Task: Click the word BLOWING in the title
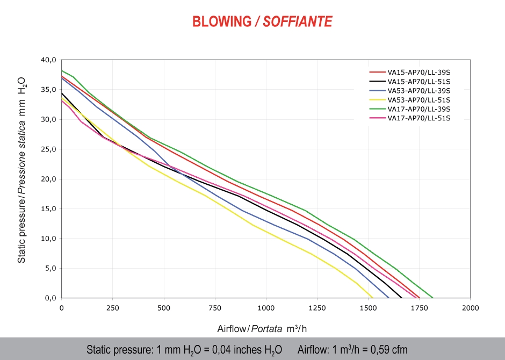point(221,21)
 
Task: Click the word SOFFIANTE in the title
point(298,21)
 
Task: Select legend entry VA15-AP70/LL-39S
point(419,71)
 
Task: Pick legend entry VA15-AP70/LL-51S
point(419,81)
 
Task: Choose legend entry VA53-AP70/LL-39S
point(419,90)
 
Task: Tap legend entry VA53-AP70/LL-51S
point(419,99)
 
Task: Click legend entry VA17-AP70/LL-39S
point(419,109)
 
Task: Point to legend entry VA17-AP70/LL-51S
point(419,118)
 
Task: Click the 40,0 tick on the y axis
point(48,60)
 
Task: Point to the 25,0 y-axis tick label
point(48,149)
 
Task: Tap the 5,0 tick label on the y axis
point(50,268)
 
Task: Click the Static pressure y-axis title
point(22,169)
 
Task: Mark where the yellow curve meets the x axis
point(372,298)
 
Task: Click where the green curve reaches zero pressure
point(433,298)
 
